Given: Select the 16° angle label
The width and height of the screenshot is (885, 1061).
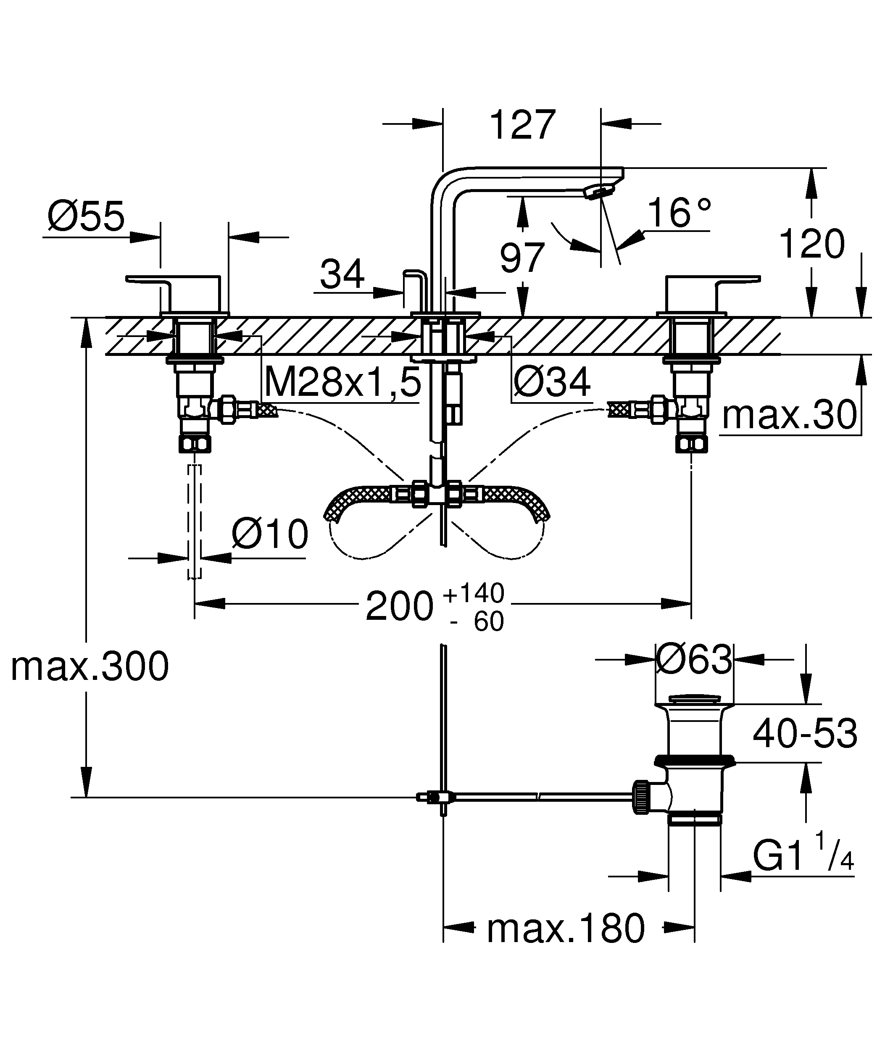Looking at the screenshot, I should coord(679,213).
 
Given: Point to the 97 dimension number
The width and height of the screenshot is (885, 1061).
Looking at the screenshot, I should coord(522,258).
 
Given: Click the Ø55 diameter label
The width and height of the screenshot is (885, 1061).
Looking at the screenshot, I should coord(86,216).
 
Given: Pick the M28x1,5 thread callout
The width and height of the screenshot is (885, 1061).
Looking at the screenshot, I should coord(342,382).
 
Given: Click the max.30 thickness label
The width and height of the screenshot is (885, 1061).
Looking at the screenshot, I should coord(789,415).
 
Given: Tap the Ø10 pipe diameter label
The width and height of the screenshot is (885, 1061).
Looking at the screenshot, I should coord(270,534).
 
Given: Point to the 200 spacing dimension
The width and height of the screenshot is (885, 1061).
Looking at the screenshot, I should coord(399,607).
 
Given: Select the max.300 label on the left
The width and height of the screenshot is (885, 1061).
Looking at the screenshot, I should coord(90,667).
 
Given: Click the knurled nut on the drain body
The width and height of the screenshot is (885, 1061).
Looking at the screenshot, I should coord(640,797).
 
